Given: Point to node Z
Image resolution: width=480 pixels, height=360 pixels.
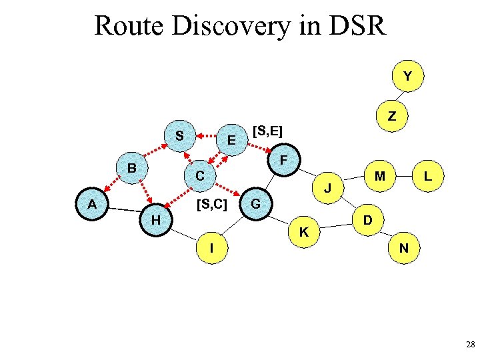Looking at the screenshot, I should (392, 116).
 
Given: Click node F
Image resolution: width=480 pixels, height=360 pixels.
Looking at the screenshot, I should (283, 161).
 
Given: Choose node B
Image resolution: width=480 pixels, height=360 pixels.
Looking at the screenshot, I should (132, 168).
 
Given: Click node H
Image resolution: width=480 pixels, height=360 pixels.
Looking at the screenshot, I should (155, 219).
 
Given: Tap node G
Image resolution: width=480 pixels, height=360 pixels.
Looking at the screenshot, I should (256, 201).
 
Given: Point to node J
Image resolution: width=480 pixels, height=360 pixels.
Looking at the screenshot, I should (328, 188).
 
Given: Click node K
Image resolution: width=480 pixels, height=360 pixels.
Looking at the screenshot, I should (303, 232).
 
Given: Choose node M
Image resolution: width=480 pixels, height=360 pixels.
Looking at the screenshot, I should (380, 177).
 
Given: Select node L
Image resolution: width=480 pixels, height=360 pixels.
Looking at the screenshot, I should (429, 177).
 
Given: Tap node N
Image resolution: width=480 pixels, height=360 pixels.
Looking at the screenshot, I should (403, 248).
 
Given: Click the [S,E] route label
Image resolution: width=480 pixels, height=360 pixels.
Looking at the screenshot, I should (268, 131).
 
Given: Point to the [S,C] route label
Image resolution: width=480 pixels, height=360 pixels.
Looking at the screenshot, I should (212, 203).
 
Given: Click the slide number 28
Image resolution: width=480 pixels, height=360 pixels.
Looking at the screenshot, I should (470, 345).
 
